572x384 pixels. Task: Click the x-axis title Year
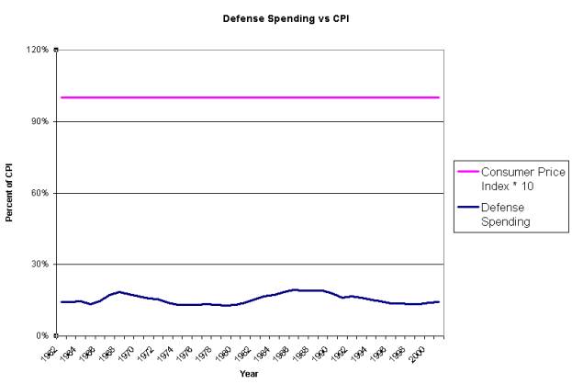[x=249, y=374]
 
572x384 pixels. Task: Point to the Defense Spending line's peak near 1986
[x=295, y=289]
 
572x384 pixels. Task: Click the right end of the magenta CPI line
[x=439, y=97]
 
